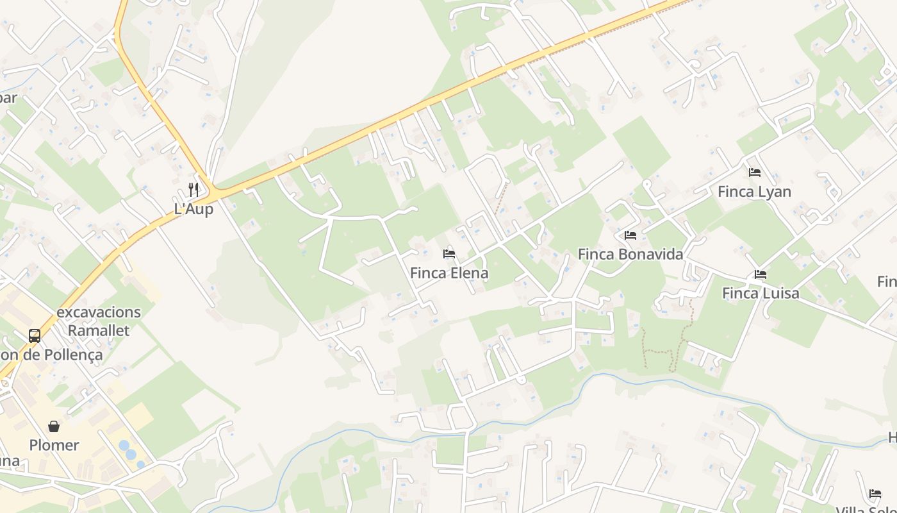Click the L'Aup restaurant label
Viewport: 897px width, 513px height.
click(193, 209)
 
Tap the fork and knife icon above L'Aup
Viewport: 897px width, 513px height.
click(193, 189)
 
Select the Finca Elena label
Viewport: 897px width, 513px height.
click(448, 273)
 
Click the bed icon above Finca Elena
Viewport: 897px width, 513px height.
click(448, 254)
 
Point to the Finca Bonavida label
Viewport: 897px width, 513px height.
click(630, 255)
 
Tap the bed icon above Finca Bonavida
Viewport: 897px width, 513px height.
click(630, 235)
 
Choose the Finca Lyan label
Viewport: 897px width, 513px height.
click(754, 192)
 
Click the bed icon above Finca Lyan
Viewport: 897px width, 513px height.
click(755, 172)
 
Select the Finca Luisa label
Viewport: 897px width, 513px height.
click(761, 294)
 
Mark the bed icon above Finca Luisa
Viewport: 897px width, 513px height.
click(761, 274)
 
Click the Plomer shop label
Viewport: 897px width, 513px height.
click(54, 445)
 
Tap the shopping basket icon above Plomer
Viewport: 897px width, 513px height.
click(54, 426)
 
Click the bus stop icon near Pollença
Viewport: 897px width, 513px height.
click(35, 335)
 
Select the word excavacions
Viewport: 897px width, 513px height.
click(99, 313)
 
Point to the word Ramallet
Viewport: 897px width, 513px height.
click(99, 331)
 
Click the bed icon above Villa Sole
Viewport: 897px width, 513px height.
click(875, 494)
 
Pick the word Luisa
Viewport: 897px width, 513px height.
click(780, 294)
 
